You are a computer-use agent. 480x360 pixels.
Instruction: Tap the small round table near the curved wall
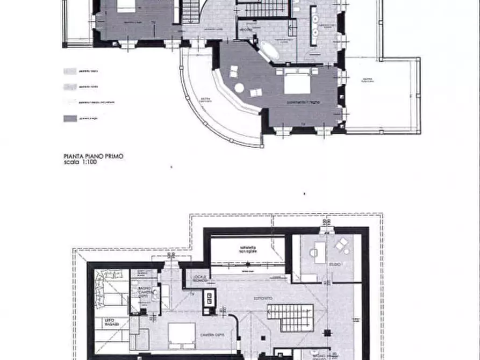click(x=239, y=88)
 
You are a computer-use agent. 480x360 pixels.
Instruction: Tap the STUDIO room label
click(x=335, y=264)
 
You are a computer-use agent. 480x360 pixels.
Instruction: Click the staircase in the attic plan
click(x=290, y=317)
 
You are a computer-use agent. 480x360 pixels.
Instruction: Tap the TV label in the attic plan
click(x=191, y=294)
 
